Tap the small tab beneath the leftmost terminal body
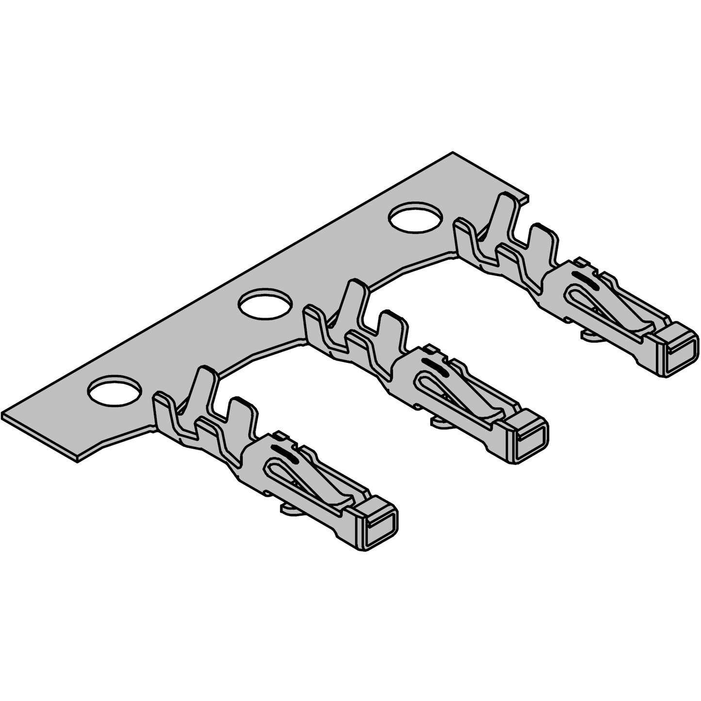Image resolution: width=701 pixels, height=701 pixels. tap(289, 508)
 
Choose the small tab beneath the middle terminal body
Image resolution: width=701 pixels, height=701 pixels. tap(440, 422)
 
